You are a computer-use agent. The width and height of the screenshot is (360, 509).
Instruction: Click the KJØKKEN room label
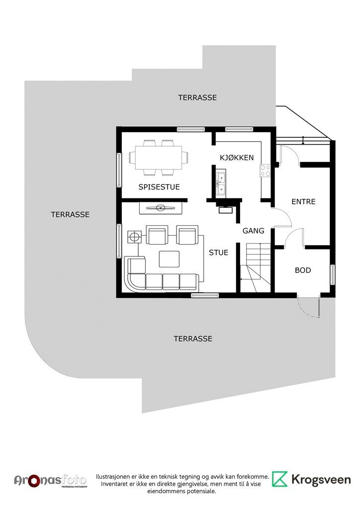[237, 158]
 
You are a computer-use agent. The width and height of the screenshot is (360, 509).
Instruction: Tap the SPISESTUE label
[159, 187]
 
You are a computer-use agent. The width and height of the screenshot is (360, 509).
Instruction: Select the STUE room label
[218, 253]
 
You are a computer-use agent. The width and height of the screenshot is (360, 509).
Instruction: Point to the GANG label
[254, 231]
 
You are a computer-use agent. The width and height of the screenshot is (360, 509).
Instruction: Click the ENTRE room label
[303, 202]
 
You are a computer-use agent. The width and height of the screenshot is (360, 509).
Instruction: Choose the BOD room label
[303, 270]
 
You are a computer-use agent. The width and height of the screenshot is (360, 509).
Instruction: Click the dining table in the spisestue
[159, 158]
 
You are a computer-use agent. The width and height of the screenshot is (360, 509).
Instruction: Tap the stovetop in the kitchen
[265, 171]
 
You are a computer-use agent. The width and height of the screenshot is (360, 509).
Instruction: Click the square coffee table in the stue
[169, 258]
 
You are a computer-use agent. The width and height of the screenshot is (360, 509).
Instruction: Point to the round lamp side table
[134, 237]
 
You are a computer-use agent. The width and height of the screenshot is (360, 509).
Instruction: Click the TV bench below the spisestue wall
[161, 208]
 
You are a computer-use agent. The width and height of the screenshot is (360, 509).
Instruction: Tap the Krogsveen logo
[311, 480]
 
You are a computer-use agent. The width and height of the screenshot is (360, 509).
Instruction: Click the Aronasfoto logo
[50, 481]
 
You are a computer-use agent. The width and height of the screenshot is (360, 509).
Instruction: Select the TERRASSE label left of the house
[70, 215]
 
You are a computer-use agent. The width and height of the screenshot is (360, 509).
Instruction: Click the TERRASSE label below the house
[193, 339]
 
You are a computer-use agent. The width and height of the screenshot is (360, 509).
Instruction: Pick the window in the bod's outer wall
[333, 275]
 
